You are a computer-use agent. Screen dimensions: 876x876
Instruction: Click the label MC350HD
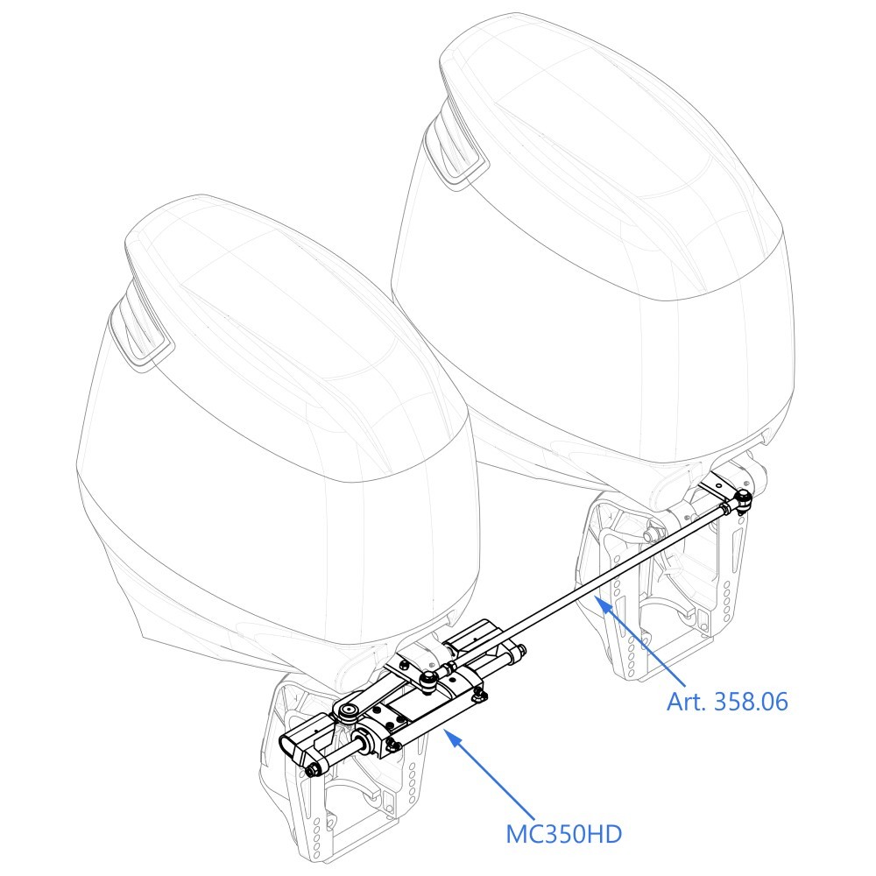coord(563,834)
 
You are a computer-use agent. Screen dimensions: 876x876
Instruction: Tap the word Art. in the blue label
coord(687,701)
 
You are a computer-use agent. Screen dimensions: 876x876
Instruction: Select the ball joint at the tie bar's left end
coord(428,680)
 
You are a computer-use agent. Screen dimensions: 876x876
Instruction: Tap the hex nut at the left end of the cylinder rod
coord(312,771)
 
